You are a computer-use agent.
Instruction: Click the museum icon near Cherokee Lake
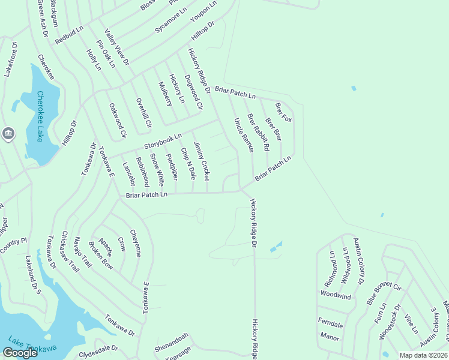click(x=8, y=133)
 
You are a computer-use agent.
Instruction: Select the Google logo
click(x=20, y=353)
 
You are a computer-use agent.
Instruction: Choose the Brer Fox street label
click(x=283, y=112)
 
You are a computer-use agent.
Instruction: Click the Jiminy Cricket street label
click(x=202, y=161)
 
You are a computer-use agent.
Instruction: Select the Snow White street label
click(x=157, y=169)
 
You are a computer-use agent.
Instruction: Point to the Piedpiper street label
click(x=172, y=167)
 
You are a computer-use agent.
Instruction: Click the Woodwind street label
click(x=335, y=295)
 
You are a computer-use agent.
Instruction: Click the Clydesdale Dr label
click(x=98, y=349)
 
